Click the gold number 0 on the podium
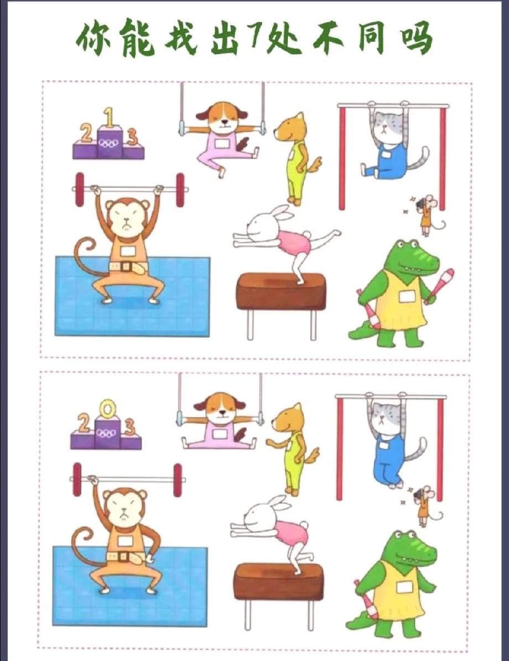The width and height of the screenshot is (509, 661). pos(107,409)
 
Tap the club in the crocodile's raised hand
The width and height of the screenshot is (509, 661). pos(439,285)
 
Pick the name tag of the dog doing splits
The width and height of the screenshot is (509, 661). pos(219,433)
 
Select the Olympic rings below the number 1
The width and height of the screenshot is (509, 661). pos(110,144)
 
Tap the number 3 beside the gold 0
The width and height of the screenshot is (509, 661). pos(129,427)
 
